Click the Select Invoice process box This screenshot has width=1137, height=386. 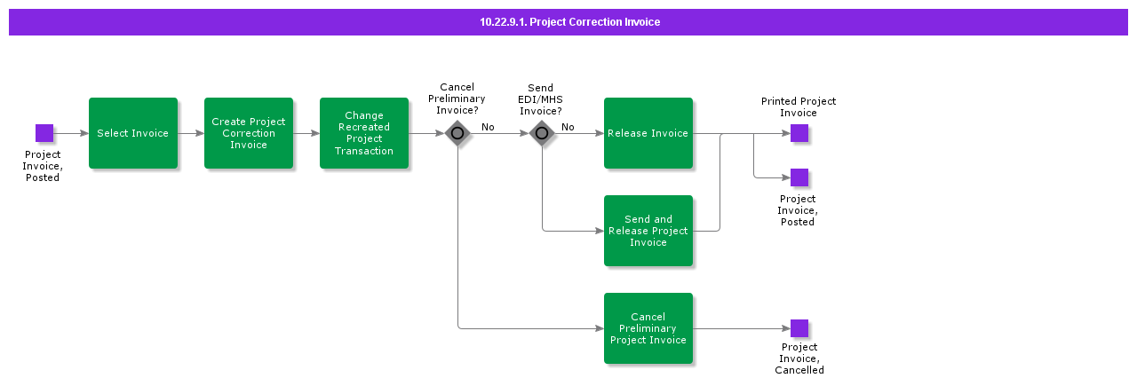click(133, 133)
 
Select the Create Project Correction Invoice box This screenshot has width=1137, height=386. click(249, 133)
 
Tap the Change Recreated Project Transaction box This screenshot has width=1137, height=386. click(364, 133)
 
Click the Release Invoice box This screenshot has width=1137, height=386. click(648, 133)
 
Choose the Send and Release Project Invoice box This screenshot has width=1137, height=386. click(648, 231)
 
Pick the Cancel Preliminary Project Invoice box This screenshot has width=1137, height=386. click(648, 328)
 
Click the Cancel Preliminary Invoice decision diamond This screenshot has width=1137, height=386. click(457, 133)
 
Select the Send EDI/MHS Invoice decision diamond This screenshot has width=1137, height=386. click(542, 133)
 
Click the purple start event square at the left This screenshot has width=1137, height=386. click(44, 133)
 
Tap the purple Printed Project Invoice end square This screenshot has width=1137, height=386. click(799, 133)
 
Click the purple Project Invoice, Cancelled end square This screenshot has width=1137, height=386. click(799, 328)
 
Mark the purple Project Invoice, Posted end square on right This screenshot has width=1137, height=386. click(799, 177)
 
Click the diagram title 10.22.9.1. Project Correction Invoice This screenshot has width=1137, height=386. click(568, 22)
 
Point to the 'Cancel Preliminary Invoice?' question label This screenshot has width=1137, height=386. click(457, 98)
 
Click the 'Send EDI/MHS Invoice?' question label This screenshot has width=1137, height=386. click(540, 99)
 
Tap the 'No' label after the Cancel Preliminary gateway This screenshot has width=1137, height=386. click(488, 127)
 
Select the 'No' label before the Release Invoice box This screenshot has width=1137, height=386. click(568, 127)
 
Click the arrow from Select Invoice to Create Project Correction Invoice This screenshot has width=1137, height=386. click(191, 133)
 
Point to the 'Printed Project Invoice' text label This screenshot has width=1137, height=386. click(799, 106)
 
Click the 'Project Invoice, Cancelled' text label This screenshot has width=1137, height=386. click(799, 358)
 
